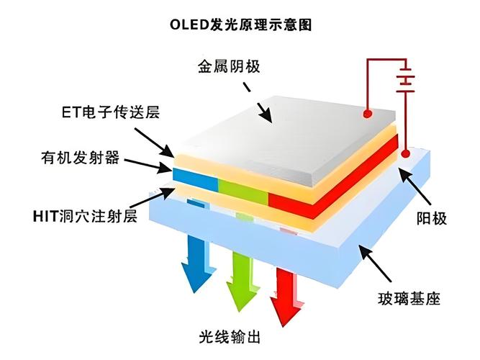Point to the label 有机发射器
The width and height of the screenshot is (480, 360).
(x=80, y=156)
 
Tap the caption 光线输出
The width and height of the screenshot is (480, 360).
(x=230, y=337)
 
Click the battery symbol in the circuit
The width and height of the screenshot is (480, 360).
(x=406, y=78)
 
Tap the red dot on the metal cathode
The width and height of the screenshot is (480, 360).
(x=368, y=113)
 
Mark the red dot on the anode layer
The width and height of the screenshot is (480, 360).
(x=406, y=153)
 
